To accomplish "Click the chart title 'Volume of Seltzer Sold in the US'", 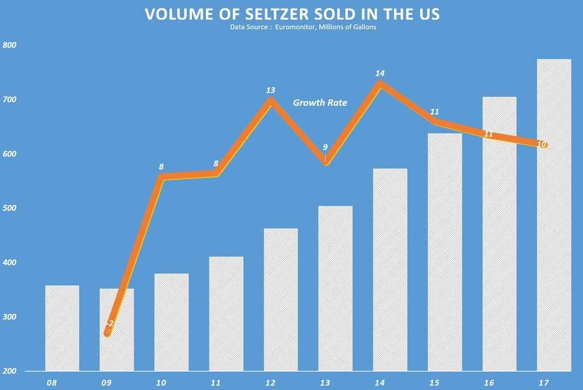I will [x=292, y=14].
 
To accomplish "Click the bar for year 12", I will [x=281, y=299].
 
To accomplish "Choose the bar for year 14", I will [x=390, y=270].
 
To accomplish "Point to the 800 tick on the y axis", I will [x=9, y=46].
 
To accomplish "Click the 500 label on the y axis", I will [x=9, y=208].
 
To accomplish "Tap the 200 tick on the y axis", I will [x=9, y=371].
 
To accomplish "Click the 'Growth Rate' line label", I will [x=320, y=102].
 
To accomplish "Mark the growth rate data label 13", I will [x=271, y=90].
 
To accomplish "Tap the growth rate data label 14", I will [x=380, y=73].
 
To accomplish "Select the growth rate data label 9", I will [x=325, y=147].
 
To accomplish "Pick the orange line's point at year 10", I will [x=161, y=177].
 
